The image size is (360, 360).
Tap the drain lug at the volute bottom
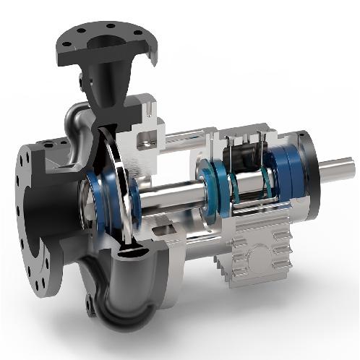[x=90, y=304]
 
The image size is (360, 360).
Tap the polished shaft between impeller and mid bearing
[x=173, y=195]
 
